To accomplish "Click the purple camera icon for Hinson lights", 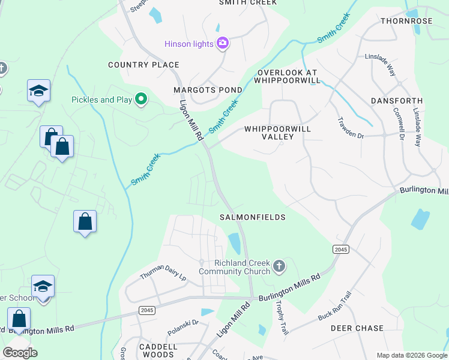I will click(223, 43).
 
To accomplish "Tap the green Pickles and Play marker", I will click(142, 99).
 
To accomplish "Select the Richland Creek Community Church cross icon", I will click(279, 266).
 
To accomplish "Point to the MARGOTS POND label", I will click(208, 90).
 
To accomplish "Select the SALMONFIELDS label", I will click(252, 217).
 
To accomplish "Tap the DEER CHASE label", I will click(357, 328).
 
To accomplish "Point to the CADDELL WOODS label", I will click(158, 351).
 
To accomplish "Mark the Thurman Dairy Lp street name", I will click(163, 274).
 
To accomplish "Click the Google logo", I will click(20, 353).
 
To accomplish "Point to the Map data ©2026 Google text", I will click(411, 355).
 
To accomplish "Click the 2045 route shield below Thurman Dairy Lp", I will click(146, 310).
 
